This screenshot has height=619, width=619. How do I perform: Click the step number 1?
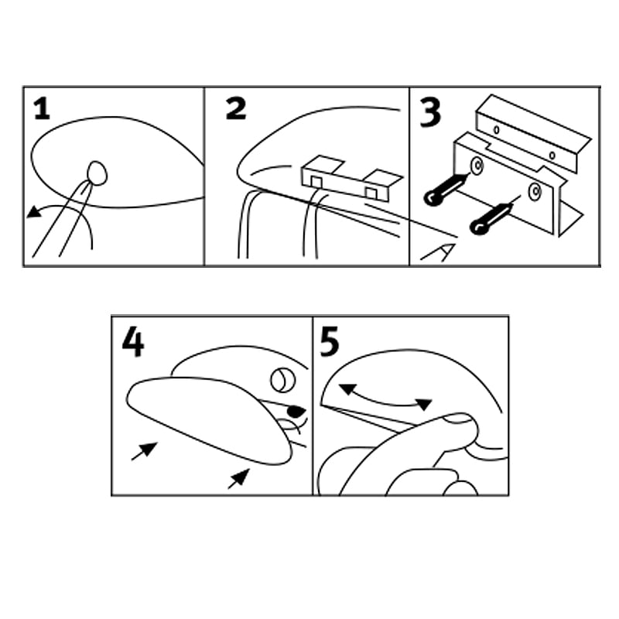coord(43,109)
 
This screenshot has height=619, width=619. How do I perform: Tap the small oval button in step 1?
coord(97,173)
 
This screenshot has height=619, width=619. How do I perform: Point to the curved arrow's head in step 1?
coord(34,212)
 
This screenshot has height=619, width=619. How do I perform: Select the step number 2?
coord(236,108)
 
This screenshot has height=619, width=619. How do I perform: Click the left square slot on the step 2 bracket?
coord(316,182)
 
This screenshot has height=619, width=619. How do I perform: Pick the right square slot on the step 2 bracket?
coord(371,193)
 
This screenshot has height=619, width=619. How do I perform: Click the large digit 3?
coord(430,112)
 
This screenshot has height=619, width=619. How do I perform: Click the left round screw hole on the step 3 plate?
coord(477,166)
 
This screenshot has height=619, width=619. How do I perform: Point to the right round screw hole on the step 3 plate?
coord(535,192)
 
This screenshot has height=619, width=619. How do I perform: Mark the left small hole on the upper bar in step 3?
coord(497,129)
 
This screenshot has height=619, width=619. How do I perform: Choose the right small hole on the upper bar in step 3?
coord(552,156)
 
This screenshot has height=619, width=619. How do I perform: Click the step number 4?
coord(133,343)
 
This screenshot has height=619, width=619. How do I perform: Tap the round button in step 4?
coord(283,380)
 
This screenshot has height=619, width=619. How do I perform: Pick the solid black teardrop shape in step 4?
coord(296,411)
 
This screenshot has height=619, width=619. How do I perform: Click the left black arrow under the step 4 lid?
coord(145,451)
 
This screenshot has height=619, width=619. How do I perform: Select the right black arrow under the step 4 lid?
coord(239,478)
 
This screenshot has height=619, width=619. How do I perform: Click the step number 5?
coord(330,343)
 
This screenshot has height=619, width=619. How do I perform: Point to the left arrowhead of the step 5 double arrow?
coord(347,389)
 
